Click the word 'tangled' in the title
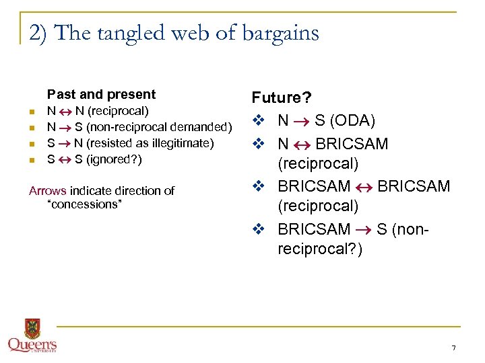121,33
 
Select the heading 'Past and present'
101,94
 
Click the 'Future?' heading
282,98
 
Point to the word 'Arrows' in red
47,191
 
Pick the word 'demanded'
203,127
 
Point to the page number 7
453,348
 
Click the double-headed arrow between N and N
64,111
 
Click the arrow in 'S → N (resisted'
64,143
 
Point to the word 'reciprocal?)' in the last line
319,249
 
